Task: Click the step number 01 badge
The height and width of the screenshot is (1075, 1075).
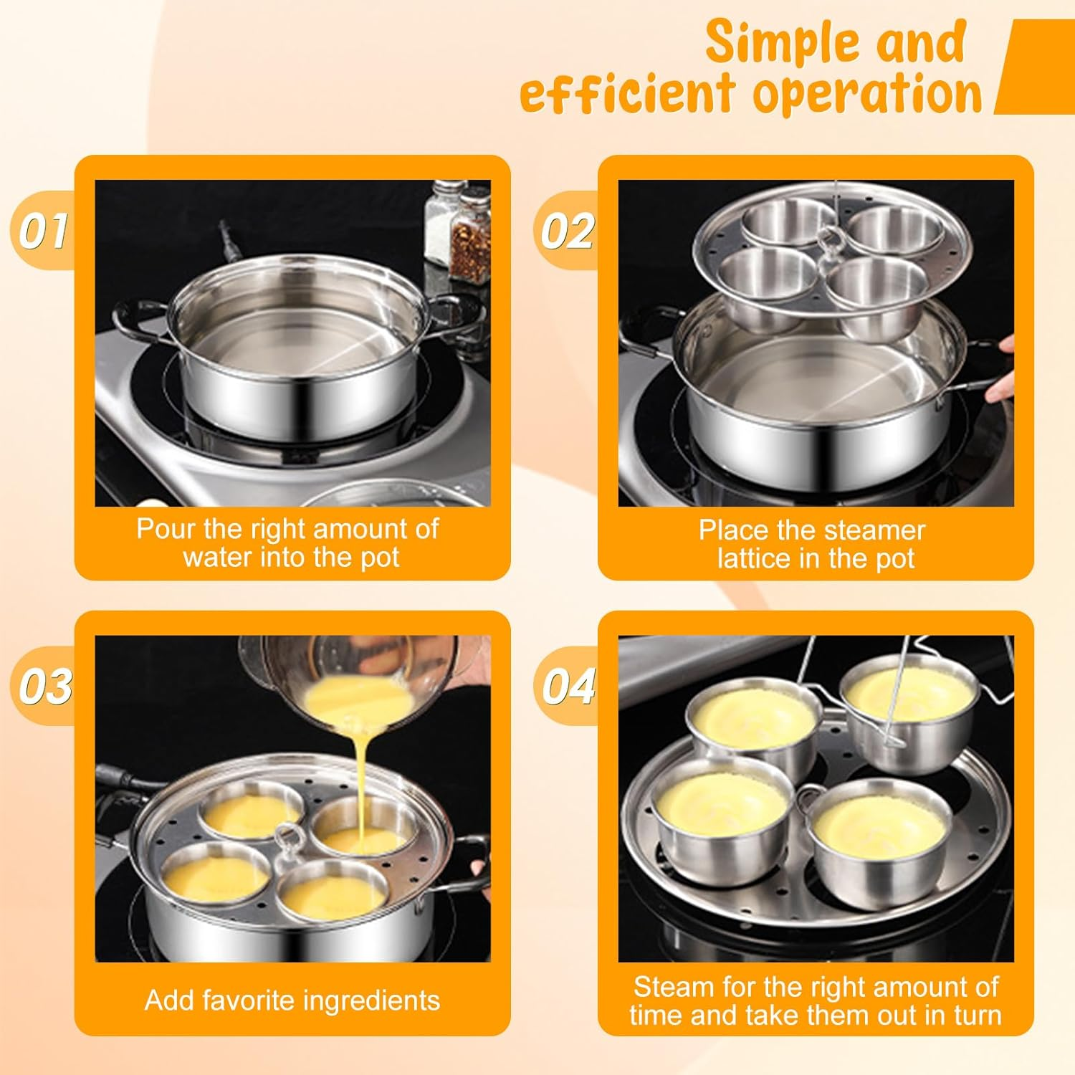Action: tap(43, 231)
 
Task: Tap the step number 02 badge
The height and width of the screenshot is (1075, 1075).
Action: tap(567, 231)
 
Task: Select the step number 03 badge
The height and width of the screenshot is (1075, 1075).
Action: tap(44, 686)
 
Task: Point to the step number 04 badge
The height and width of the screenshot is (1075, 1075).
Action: tap(568, 686)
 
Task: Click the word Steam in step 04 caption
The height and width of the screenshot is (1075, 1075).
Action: tap(674, 987)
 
